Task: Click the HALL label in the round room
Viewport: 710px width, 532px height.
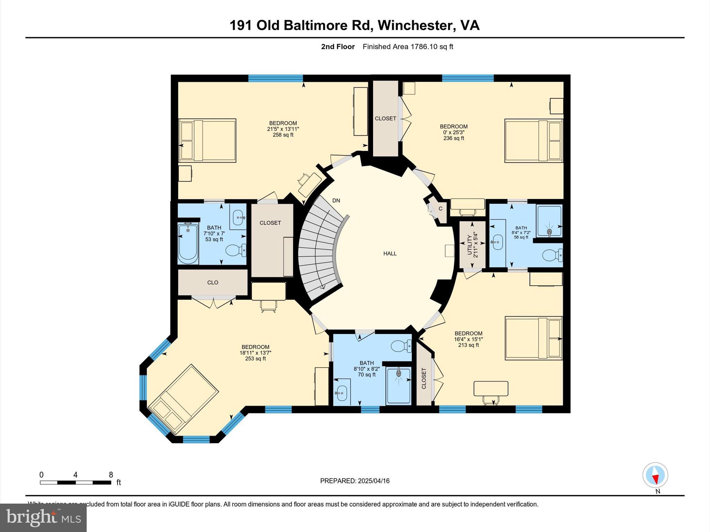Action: point(390,254)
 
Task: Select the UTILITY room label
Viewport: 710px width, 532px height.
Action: point(473,245)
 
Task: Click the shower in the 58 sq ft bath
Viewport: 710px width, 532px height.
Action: point(549,221)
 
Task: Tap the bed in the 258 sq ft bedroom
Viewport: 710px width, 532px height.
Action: point(207,140)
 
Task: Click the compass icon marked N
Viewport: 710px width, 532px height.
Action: point(655,476)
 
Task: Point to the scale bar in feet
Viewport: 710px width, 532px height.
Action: point(75,482)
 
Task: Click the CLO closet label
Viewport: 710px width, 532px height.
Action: point(213,283)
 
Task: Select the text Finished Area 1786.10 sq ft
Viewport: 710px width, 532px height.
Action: point(408,47)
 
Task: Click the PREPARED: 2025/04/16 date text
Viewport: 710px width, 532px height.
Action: point(355,481)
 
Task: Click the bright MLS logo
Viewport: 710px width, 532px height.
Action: point(43,517)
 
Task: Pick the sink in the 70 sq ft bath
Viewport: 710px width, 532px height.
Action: point(341,392)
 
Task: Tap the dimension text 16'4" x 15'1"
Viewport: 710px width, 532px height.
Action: point(468,339)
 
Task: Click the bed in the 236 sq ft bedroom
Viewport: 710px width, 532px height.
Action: point(533,141)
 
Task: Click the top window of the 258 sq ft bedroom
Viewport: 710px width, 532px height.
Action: point(276,78)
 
